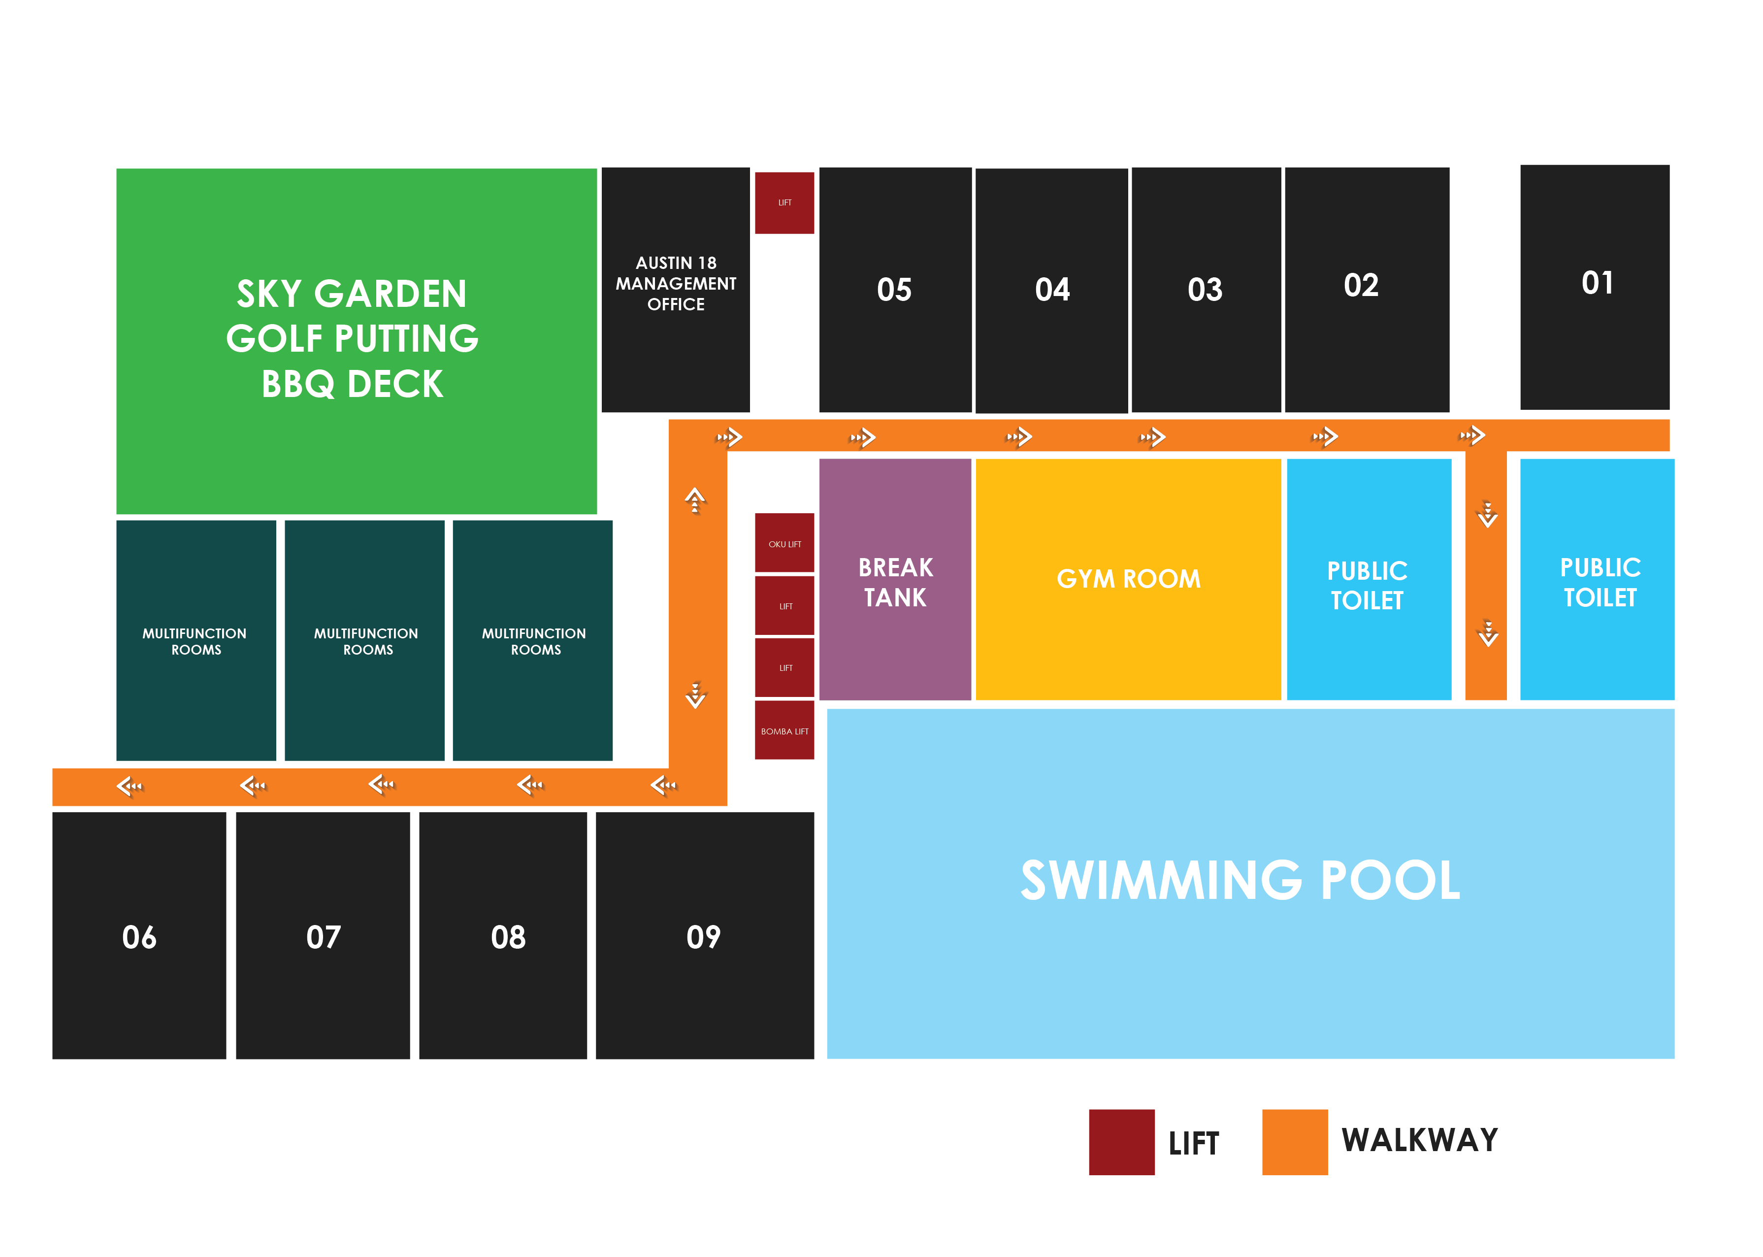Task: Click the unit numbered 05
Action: pyautogui.click(x=895, y=290)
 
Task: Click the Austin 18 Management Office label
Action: pyautogui.click(x=676, y=283)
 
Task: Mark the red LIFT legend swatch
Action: pyautogui.click(x=1121, y=1142)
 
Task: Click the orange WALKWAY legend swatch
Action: pyautogui.click(x=1295, y=1142)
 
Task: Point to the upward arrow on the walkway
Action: pyautogui.click(x=695, y=500)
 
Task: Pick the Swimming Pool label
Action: pyautogui.click(x=1240, y=880)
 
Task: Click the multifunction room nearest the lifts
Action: pyautogui.click(x=532, y=640)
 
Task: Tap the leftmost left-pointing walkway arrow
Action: pyautogui.click(x=129, y=787)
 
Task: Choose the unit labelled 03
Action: pyautogui.click(x=1206, y=290)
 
